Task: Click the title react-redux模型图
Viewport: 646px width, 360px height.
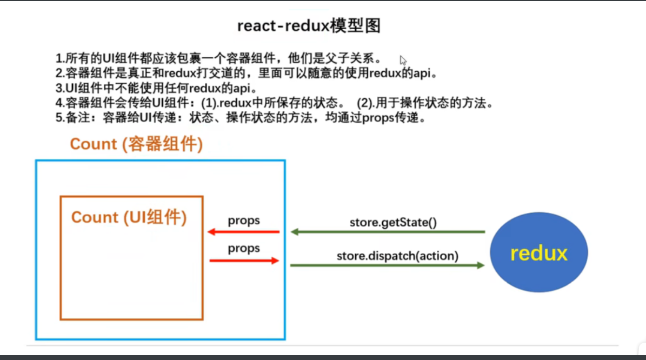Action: (309, 25)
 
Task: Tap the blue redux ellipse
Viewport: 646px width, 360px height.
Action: (538, 253)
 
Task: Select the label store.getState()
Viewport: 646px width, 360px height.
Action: (392, 222)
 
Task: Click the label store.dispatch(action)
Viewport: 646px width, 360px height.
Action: (397, 255)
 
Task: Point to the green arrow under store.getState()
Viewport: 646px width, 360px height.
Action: (387, 232)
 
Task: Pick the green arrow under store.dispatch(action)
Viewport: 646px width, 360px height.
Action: (387, 265)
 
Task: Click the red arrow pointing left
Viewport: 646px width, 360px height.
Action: (244, 232)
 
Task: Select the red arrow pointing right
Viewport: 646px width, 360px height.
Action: (244, 261)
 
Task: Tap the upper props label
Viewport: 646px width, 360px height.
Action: (244, 220)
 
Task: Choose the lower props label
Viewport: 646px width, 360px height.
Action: (244, 248)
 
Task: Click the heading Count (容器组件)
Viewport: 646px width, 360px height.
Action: (136, 144)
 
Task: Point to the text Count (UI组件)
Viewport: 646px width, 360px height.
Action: (129, 217)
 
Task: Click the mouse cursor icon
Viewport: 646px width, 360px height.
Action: (403, 60)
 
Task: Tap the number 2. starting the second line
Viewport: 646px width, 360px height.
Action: (60, 73)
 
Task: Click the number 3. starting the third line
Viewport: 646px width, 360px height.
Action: (60, 88)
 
